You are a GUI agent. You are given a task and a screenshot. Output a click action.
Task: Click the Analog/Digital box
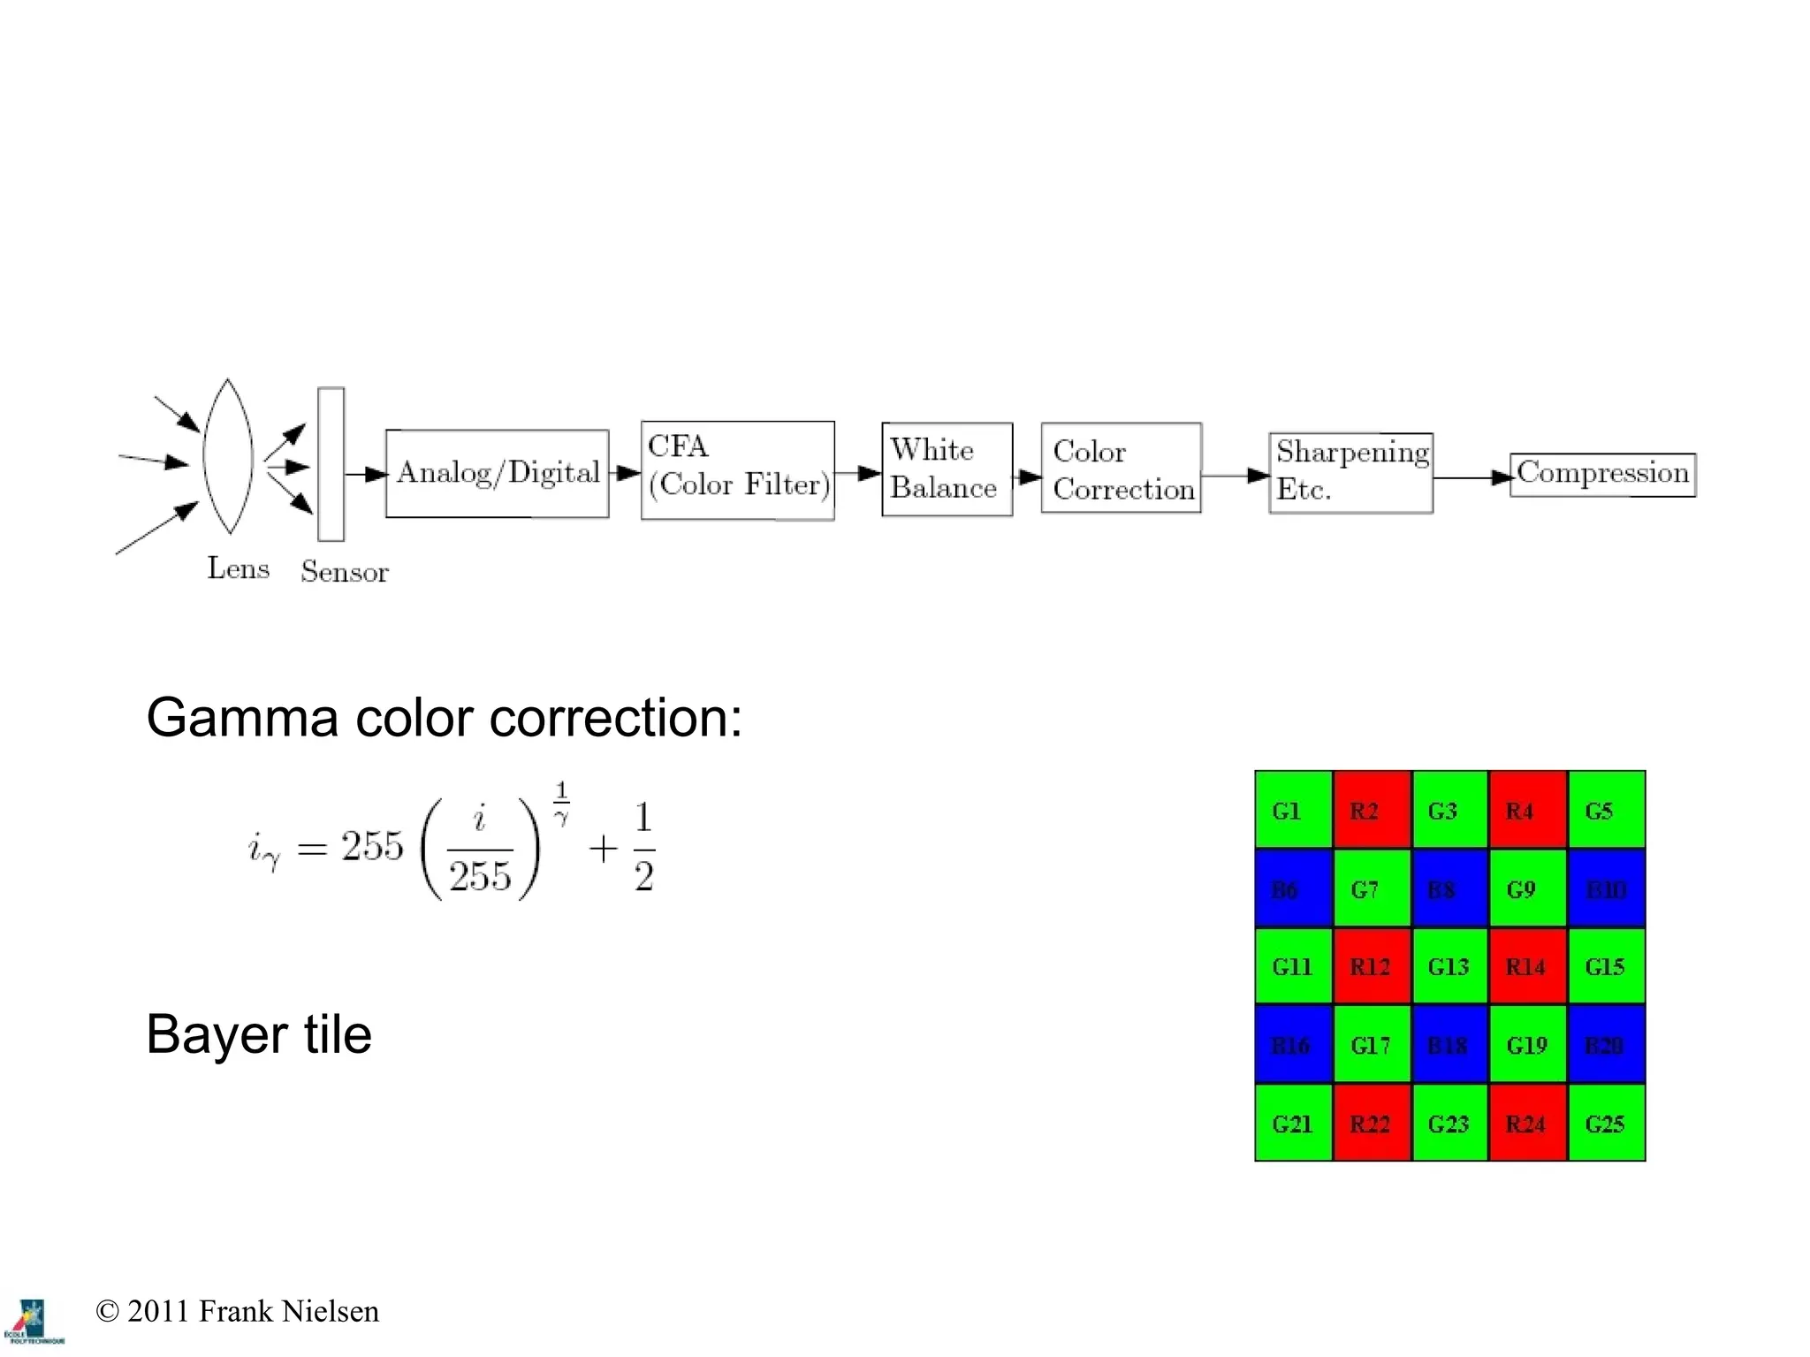497,474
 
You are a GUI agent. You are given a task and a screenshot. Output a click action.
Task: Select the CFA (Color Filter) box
737,469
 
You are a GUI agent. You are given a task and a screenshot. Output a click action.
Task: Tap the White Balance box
947,469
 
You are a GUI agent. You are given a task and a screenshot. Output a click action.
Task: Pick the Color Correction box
1121,469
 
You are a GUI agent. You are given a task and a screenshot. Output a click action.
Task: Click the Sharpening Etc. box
1350,473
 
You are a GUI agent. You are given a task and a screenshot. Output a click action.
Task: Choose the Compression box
1601,475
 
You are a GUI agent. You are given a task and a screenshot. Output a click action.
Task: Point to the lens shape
228,457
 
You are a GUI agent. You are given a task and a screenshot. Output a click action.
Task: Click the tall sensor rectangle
331,464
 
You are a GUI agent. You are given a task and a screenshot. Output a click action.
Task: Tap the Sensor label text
344,572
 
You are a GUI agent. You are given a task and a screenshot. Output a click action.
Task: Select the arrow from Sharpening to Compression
1471,477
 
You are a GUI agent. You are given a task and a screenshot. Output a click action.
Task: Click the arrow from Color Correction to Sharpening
1235,476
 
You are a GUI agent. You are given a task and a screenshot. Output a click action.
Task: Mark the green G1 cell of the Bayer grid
1293,810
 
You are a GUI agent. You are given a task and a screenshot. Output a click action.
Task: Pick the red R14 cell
1527,966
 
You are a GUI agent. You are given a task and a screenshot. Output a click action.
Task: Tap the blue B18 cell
1449,1045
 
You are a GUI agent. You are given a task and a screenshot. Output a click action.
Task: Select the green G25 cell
1606,1123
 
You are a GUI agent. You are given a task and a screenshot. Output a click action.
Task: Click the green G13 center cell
1449,966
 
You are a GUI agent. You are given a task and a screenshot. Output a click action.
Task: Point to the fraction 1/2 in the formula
643,846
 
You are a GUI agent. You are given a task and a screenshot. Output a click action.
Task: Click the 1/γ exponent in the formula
561,803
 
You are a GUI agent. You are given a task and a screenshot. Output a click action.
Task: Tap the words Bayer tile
259,1034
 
